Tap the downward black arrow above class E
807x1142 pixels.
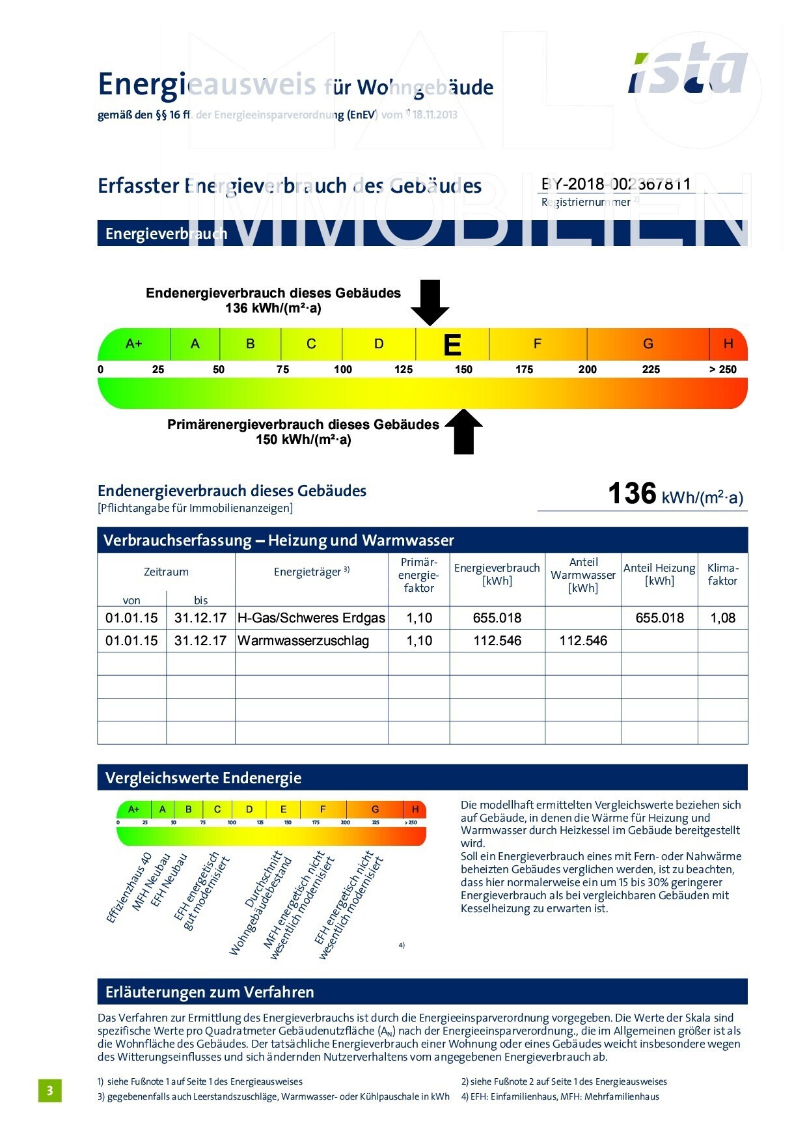(x=430, y=301)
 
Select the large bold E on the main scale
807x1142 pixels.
(x=452, y=345)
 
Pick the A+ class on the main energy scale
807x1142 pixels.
(x=134, y=344)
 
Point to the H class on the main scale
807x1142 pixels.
(x=728, y=344)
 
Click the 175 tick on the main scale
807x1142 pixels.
(x=524, y=369)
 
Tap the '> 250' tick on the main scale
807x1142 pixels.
(x=722, y=369)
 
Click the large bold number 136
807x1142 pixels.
(x=632, y=494)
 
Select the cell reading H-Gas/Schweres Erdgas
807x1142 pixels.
(x=311, y=618)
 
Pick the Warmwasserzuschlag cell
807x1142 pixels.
(x=303, y=641)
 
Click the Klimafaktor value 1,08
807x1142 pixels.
(x=722, y=618)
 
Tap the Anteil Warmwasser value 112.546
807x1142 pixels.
(x=583, y=641)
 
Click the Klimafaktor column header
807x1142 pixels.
(x=722, y=574)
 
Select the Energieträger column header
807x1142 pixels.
(x=311, y=572)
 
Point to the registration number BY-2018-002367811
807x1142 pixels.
(x=616, y=184)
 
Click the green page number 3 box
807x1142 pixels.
(x=50, y=1091)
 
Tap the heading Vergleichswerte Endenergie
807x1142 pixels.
(x=203, y=778)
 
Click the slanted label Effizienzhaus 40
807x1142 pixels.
(x=130, y=887)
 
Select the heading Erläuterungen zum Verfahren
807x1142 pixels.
(x=210, y=992)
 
